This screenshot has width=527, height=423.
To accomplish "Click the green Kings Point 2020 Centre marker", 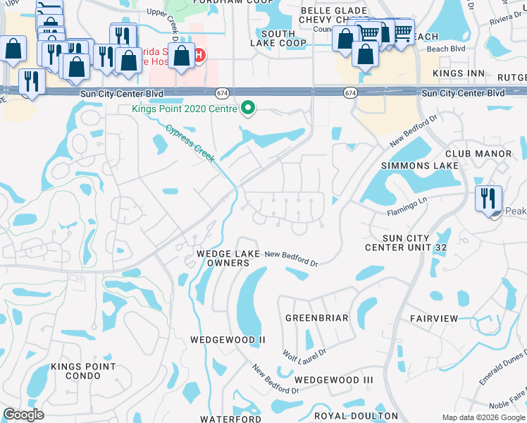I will pyautogui.click(x=247, y=109).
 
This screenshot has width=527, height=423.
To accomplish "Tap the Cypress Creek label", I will pyautogui.click(x=190, y=144).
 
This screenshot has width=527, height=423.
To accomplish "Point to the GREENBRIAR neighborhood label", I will pyautogui.click(x=316, y=318).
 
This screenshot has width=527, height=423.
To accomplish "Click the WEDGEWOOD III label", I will pyautogui.click(x=333, y=380).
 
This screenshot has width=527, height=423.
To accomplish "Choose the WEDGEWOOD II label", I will pyautogui.click(x=228, y=340).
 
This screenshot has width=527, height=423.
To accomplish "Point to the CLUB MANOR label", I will pyautogui.click(x=478, y=153).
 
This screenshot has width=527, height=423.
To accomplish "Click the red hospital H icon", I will pyautogui.click(x=199, y=55).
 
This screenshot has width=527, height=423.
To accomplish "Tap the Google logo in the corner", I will pyautogui.click(x=23, y=415).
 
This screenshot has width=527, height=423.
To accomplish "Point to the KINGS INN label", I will pyautogui.click(x=459, y=73).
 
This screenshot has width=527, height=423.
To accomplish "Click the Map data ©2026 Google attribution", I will pyautogui.click(x=483, y=417).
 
